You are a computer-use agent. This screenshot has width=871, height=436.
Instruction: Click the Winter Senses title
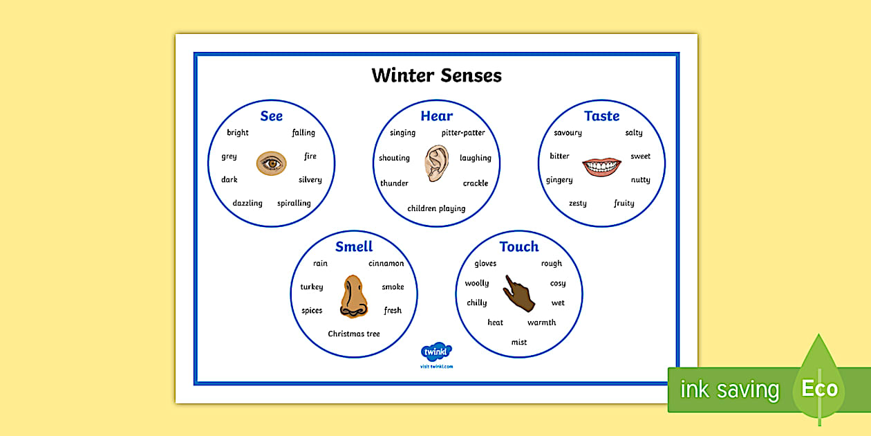tap(436, 75)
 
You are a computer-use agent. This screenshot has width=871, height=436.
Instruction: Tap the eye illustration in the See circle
tap(271, 163)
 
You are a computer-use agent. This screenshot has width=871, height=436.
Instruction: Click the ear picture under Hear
tap(436, 163)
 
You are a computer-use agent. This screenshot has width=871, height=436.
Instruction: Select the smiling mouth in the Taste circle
tap(601, 167)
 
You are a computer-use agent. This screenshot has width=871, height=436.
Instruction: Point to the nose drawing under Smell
tap(353, 297)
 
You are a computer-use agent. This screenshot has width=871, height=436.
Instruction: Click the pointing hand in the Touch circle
tap(518, 293)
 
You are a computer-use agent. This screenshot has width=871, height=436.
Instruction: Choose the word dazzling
tap(247, 203)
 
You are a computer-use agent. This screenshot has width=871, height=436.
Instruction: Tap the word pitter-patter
tap(463, 133)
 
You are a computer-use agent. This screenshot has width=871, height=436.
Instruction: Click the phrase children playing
tap(436, 208)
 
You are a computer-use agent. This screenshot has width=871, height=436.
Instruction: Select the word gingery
tap(559, 180)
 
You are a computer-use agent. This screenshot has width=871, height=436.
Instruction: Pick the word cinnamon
tap(386, 264)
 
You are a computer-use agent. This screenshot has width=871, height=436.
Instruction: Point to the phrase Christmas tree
tap(354, 334)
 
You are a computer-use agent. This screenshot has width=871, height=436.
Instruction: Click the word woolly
tap(476, 283)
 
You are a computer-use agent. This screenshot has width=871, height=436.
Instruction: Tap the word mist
tap(519, 342)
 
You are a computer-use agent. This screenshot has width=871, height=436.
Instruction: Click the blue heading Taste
tap(601, 116)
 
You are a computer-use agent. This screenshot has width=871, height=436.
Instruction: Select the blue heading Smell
tap(354, 246)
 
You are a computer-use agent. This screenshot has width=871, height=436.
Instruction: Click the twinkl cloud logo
tap(436, 352)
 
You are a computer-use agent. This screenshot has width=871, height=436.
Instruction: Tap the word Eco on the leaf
tap(819, 389)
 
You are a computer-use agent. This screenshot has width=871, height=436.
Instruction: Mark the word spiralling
tap(294, 203)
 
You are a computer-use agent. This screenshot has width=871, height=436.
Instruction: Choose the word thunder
tap(394, 183)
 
